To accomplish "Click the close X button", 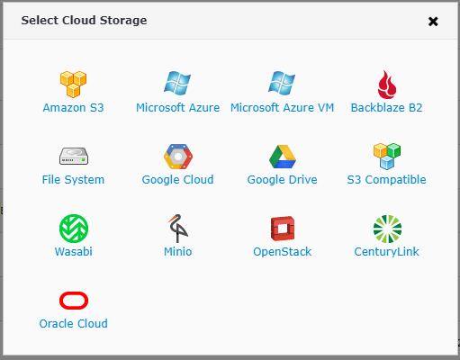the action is coord(433,22).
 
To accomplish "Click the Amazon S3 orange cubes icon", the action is coord(73,85).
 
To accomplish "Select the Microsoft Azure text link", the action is coord(177,107).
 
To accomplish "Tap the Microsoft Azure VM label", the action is coord(282,107).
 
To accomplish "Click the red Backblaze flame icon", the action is coord(387,85).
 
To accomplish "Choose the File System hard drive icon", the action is coord(74,156).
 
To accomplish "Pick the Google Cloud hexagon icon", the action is coord(178,157).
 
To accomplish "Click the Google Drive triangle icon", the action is coord(283,157).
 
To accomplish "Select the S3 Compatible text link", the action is coord(386,180).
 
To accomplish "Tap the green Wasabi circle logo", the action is coord(74,229).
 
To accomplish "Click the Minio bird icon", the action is coord(178,229).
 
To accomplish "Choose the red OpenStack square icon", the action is coord(283,229).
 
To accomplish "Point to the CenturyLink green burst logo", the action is coord(387,229).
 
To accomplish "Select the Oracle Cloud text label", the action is coord(73,323).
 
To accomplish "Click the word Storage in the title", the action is coord(123,21).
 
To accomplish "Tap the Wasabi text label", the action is coord(73,251).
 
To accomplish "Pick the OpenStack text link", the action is coord(282,252).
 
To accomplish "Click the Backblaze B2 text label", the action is coord(386,107).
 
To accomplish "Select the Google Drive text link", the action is coord(282,180).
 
